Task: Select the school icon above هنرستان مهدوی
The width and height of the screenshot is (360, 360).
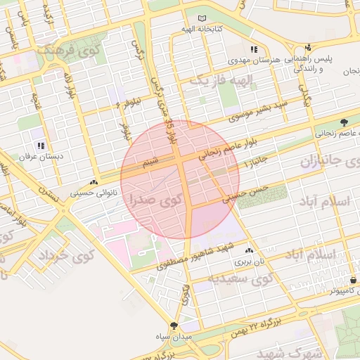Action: (253, 50)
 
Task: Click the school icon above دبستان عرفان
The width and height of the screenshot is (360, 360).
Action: (40, 146)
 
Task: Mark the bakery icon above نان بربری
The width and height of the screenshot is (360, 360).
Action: (250, 250)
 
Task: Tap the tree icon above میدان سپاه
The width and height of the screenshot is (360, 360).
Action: (173, 326)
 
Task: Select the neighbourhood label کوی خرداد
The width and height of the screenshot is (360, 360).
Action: (60, 255)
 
